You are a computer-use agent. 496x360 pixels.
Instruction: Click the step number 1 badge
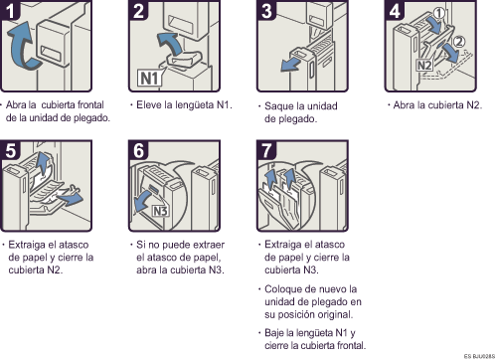pos(10,9)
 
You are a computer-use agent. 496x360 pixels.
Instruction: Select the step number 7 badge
pos(266,150)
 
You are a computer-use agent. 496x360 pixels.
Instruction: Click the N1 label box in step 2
pos(150,79)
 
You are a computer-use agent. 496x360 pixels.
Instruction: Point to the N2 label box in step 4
pos(424,65)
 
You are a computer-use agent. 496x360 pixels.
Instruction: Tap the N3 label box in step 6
pos(160,211)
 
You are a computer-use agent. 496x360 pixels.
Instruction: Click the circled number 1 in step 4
pos(439,13)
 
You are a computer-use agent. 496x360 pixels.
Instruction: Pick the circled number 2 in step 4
pos(459,42)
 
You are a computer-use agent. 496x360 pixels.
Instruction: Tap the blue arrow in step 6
pos(145,201)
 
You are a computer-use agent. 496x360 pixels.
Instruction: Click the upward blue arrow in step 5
pos(42,162)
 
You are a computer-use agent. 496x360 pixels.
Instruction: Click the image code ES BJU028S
pos(479,356)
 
